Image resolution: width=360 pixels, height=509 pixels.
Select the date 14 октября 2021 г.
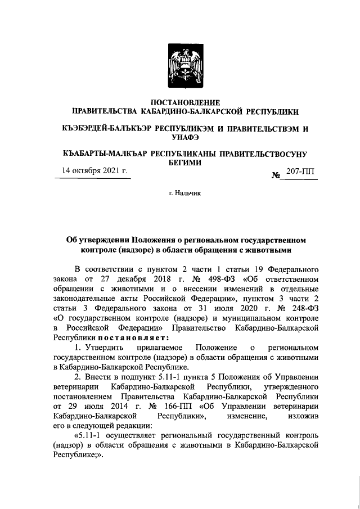94,171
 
